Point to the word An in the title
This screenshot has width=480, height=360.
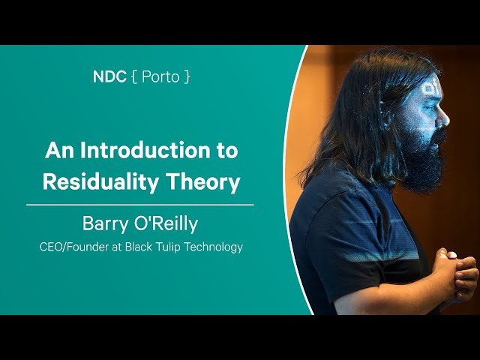(x=58, y=150)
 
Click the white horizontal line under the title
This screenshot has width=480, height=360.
(x=140, y=204)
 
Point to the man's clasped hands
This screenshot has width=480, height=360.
(x=453, y=274)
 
